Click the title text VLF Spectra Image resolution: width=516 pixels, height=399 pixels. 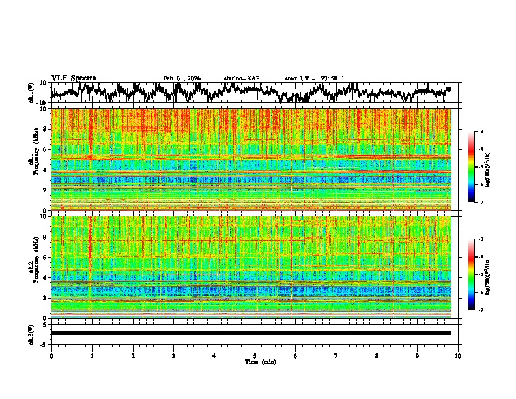(74, 78)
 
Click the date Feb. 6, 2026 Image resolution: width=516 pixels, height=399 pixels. (182, 78)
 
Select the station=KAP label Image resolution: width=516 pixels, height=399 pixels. (242, 78)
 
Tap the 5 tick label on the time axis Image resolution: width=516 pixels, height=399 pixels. (255, 355)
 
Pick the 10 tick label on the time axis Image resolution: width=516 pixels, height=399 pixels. (459, 355)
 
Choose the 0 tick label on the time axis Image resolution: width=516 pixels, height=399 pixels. (51, 355)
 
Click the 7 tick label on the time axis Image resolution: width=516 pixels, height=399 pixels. (336, 355)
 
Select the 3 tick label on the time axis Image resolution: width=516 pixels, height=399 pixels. (173, 355)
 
